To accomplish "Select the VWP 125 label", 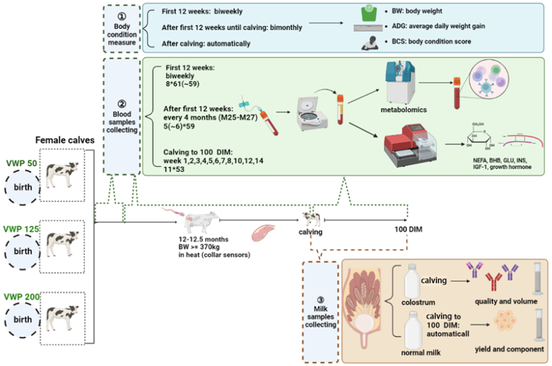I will (20, 229).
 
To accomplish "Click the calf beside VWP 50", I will (63, 176).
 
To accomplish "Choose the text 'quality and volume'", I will (499, 304).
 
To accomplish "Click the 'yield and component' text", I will (502, 352).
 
